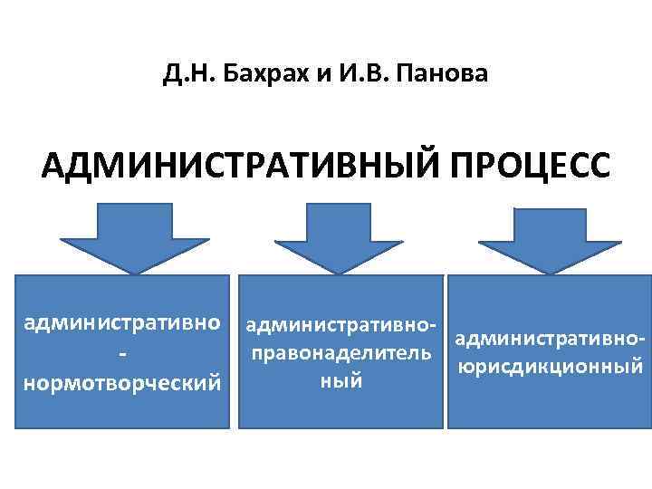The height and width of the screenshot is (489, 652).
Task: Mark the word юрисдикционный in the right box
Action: point(551,368)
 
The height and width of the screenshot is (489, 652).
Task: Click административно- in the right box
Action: point(551,340)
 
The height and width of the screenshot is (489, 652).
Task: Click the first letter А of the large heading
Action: point(53,168)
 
